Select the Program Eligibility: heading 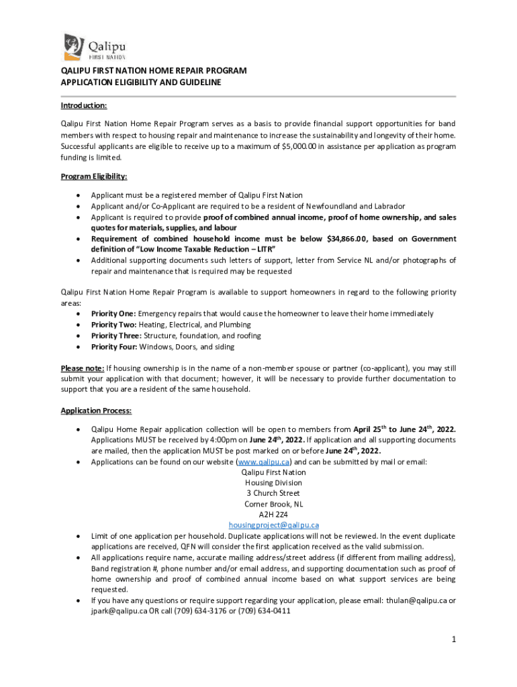[94, 176]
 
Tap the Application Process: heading [96, 411]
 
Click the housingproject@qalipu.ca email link [273, 525]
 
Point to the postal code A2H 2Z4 [273, 515]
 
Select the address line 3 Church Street [273, 493]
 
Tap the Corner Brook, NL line [273, 504]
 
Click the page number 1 [454, 639]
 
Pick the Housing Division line [273, 482]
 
